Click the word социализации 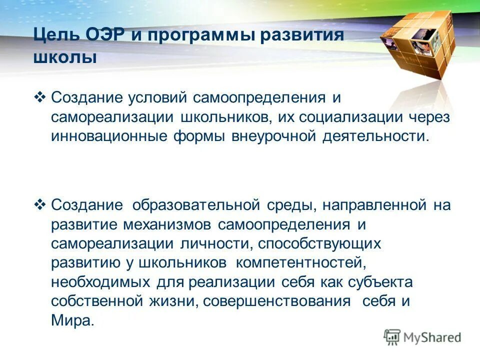click(x=347, y=116)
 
